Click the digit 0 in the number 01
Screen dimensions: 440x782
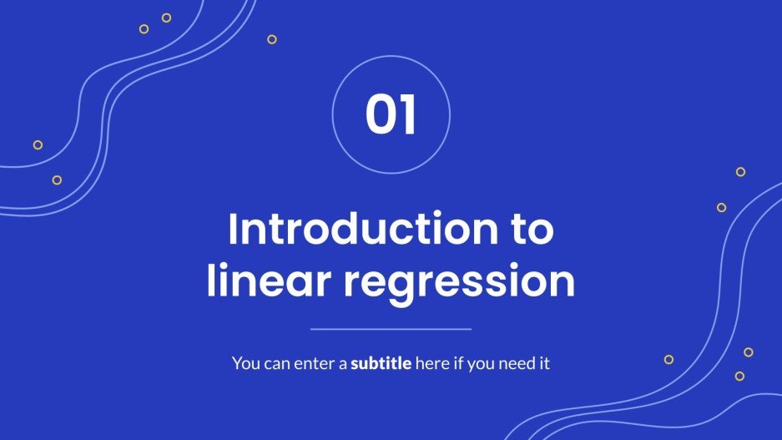tap(380, 115)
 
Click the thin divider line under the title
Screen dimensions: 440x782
tap(391, 329)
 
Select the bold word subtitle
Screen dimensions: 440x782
tap(381, 364)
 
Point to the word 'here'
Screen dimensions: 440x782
tap(432, 364)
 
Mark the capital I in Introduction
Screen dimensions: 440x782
tap(233, 230)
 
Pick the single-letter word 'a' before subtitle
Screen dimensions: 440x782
tap(342, 365)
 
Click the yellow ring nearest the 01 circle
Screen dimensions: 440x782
tap(272, 39)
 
